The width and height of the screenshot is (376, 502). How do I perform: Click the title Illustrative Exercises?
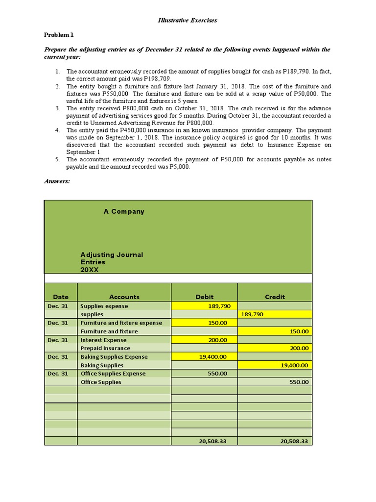(188, 21)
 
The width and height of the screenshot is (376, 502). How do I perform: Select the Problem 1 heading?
(58, 35)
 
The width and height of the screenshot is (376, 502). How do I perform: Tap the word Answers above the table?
(57, 181)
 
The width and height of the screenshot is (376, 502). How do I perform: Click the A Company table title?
(124, 212)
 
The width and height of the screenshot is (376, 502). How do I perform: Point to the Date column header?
(61, 297)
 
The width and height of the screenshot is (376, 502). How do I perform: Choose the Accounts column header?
(124, 297)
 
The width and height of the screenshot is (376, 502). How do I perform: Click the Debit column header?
(204, 297)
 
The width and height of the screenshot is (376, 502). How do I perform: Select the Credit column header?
(275, 297)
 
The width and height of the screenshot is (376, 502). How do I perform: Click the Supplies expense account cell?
(104, 306)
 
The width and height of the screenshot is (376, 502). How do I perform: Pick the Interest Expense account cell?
(103, 340)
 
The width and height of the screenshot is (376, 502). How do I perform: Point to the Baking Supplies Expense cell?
(114, 357)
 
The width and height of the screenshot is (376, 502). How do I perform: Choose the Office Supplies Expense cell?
(113, 374)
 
